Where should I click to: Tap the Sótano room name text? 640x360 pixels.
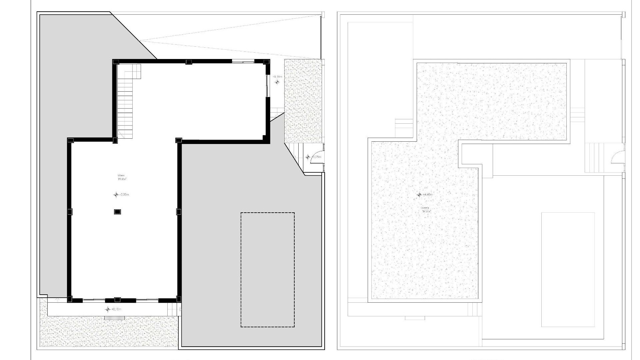pyautogui.click(x=121, y=175)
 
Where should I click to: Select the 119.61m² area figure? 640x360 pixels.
pyautogui.click(x=122, y=179)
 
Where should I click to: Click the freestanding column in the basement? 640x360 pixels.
pyautogui.click(x=117, y=212)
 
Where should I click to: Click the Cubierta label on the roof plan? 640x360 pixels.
pyautogui.click(x=425, y=208)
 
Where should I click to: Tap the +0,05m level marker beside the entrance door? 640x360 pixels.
pyautogui.click(x=316, y=157)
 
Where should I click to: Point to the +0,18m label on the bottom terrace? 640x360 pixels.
pyautogui.click(x=116, y=309)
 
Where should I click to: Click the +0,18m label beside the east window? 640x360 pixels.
pyautogui.click(x=278, y=77)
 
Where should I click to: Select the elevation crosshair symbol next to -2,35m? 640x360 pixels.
pyautogui.click(x=116, y=195)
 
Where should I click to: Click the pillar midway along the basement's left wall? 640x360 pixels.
pyautogui.click(x=70, y=212)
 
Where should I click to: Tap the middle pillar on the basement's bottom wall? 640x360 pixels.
pyautogui.click(x=117, y=300)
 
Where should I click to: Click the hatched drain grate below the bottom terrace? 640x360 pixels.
pyautogui.click(x=114, y=318)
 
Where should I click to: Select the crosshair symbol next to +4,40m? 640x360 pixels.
pyautogui.click(x=419, y=195)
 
